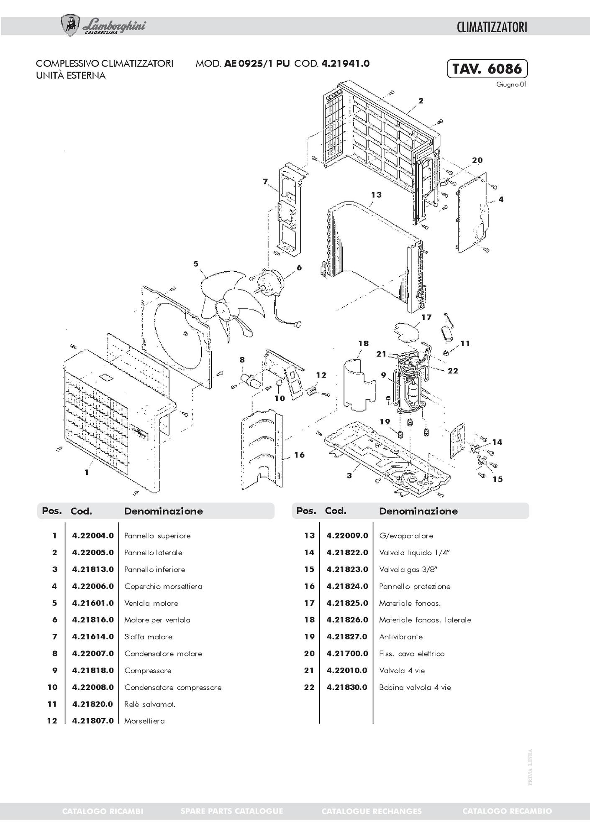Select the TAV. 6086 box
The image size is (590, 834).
click(487, 69)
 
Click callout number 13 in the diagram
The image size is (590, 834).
click(376, 195)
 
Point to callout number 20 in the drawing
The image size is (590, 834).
click(477, 160)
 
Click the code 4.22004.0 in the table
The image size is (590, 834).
click(93, 536)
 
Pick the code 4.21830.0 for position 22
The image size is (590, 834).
click(347, 687)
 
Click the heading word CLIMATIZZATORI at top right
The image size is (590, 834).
click(492, 28)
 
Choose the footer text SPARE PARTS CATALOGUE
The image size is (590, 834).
click(232, 811)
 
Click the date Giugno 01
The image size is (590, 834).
click(511, 84)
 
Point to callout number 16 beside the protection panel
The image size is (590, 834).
click(299, 455)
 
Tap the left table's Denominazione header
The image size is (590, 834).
click(163, 511)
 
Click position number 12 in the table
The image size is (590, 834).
click(52, 721)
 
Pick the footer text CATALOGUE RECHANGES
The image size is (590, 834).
click(372, 811)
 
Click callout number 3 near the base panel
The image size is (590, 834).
click(349, 475)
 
